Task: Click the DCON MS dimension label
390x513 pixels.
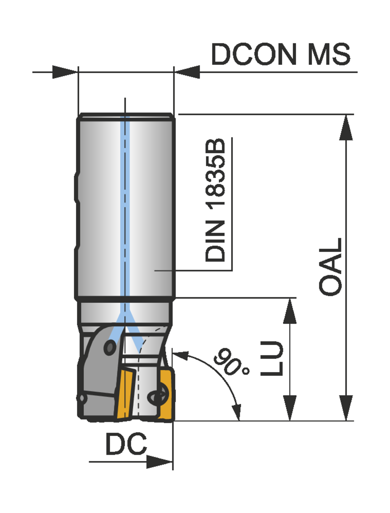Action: (x=281, y=54)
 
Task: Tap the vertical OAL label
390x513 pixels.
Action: (x=330, y=267)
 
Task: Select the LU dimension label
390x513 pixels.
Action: (x=272, y=358)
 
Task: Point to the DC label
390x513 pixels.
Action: (x=126, y=444)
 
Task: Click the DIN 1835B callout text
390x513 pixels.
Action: (x=215, y=200)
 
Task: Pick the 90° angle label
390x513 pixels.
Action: (x=231, y=362)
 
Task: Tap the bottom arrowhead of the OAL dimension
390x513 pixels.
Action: (x=346, y=408)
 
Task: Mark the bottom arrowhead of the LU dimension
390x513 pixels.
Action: (x=290, y=408)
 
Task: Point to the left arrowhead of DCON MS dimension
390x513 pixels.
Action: (x=65, y=72)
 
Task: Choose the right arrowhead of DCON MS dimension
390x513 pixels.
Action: (x=187, y=72)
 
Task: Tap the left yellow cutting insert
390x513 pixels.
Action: (x=125, y=393)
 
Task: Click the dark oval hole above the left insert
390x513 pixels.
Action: (x=110, y=348)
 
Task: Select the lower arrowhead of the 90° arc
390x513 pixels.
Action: (x=237, y=411)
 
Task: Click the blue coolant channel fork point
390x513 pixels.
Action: (x=125, y=313)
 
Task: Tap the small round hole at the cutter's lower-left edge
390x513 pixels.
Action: (x=81, y=398)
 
